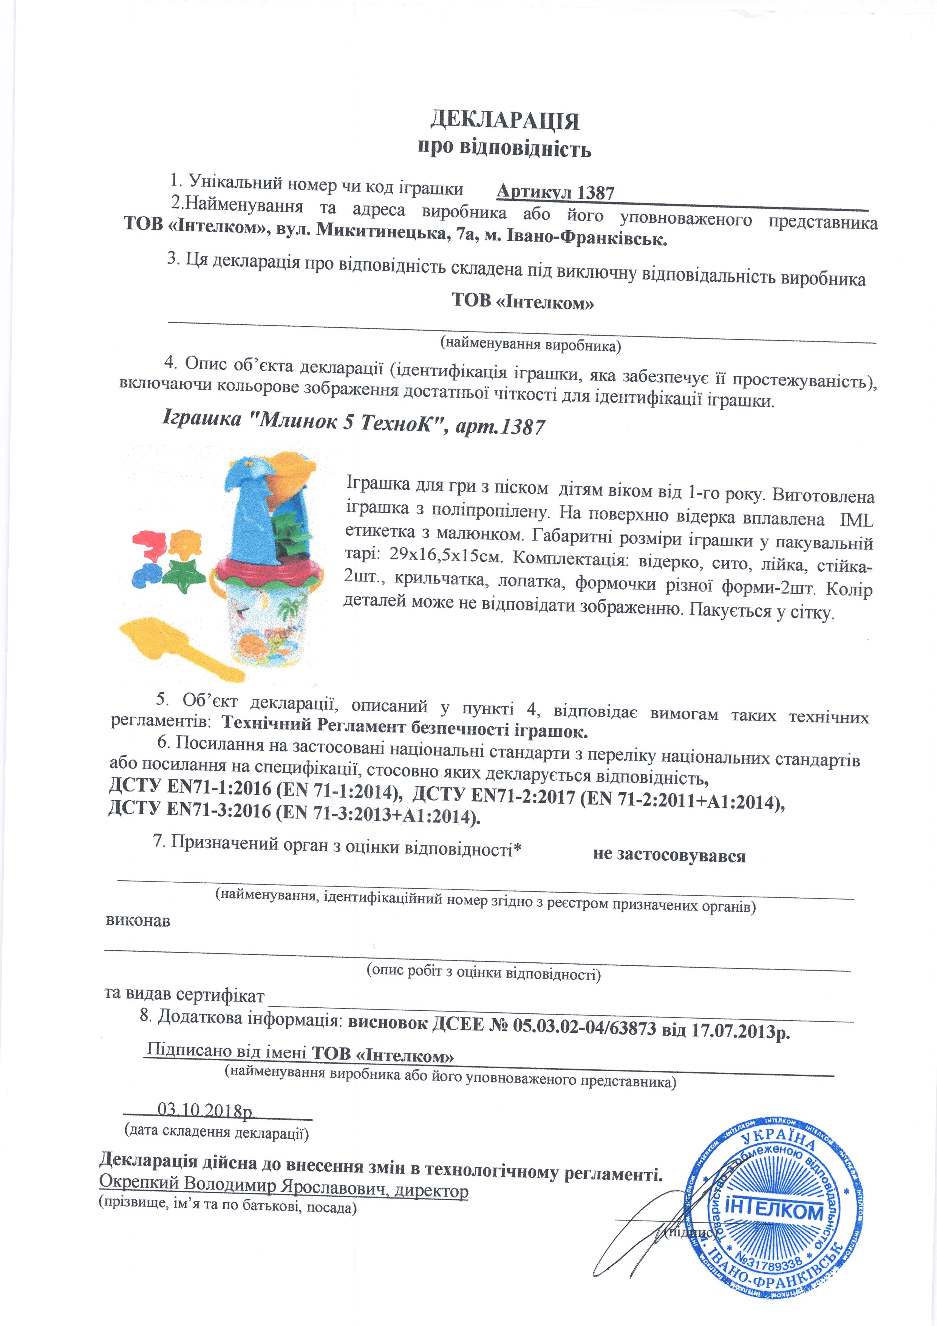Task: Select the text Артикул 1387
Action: point(555,192)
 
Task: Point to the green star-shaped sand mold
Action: point(184,575)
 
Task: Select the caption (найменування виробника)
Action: point(530,345)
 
